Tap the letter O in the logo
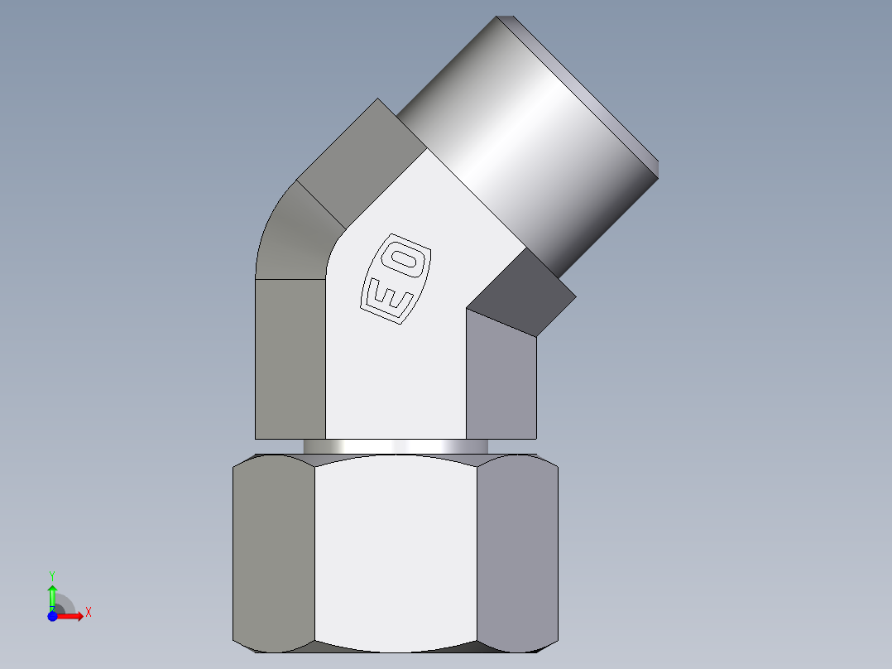click(406, 260)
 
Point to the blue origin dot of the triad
click(52, 616)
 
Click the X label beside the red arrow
click(88, 613)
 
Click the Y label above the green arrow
click(51, 575)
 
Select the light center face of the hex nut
click(396, 551)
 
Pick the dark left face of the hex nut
click(274, 551)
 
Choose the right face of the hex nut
click(517, 551)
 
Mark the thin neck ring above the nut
click(396, 446)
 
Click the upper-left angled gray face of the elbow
click(356, 149)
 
